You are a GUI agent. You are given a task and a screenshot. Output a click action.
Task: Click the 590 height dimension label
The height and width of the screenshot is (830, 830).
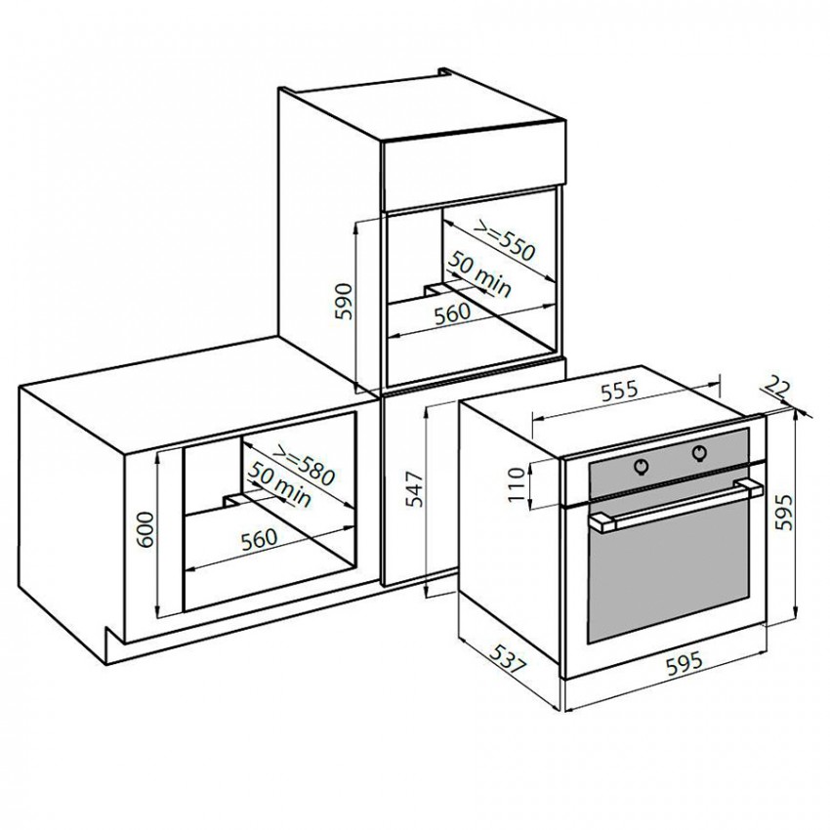(344, 302)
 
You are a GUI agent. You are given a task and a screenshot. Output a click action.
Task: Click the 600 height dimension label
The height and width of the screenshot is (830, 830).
(145, 530)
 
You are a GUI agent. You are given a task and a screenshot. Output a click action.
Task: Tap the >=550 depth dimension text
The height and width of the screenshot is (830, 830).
(505, 241)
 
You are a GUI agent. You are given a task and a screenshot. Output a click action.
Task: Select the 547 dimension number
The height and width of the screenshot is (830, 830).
(415, 488)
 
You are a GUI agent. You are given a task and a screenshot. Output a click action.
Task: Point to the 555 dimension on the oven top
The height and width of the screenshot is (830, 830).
(620, 391)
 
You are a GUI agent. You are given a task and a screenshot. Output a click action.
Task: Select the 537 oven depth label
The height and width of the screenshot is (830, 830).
(508, 658)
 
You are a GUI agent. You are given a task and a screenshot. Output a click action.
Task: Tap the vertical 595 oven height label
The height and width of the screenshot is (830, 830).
(784, 512)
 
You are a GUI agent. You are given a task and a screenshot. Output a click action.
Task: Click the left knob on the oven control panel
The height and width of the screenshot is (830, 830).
(642, 467)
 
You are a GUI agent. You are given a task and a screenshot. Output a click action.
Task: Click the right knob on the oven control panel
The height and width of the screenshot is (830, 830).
(699, 452)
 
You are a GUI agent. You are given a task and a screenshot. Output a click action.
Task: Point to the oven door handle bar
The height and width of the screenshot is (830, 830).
(676, 506)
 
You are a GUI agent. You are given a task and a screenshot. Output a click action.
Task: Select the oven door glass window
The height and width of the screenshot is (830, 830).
(668, 571)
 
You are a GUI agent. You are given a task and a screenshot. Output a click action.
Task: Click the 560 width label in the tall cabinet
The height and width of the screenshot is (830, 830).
(452, 313)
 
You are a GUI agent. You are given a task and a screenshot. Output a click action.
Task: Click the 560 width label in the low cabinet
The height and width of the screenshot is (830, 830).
(260, 539)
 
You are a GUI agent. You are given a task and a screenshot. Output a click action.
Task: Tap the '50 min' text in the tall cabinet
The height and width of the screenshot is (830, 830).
(480, 274)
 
